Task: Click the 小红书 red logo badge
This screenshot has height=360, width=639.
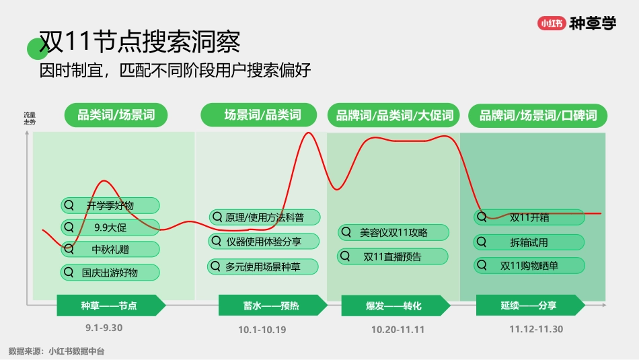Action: (552, 23)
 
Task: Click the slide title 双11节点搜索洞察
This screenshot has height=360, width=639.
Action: (139, 42)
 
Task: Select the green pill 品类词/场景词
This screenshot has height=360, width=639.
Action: (116, 115)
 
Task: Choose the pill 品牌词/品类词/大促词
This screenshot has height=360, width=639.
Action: (394, 115)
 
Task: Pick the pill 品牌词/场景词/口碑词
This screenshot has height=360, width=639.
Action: (538, 115)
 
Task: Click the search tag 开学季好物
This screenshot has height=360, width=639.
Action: (110, 205)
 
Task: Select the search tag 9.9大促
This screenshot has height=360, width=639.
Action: (110, 227)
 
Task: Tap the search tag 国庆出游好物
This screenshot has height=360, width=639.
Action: (110, 273)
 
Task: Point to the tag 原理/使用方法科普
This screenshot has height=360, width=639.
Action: (256, 217)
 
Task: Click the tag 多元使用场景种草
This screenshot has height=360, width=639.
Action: (256, 266)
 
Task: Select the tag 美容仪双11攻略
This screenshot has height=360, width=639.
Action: (393, 232)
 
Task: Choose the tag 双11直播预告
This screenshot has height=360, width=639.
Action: (393, 256)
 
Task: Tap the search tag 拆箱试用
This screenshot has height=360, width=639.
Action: (529, 242)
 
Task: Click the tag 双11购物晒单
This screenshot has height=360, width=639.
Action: (529, 266)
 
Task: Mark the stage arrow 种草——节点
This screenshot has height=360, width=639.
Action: (110, 305)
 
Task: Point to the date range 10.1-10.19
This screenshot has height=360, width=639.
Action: (262, 330)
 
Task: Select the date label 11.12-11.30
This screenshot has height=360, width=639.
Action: (535, 329)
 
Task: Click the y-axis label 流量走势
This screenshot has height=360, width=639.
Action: (30, 118)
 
